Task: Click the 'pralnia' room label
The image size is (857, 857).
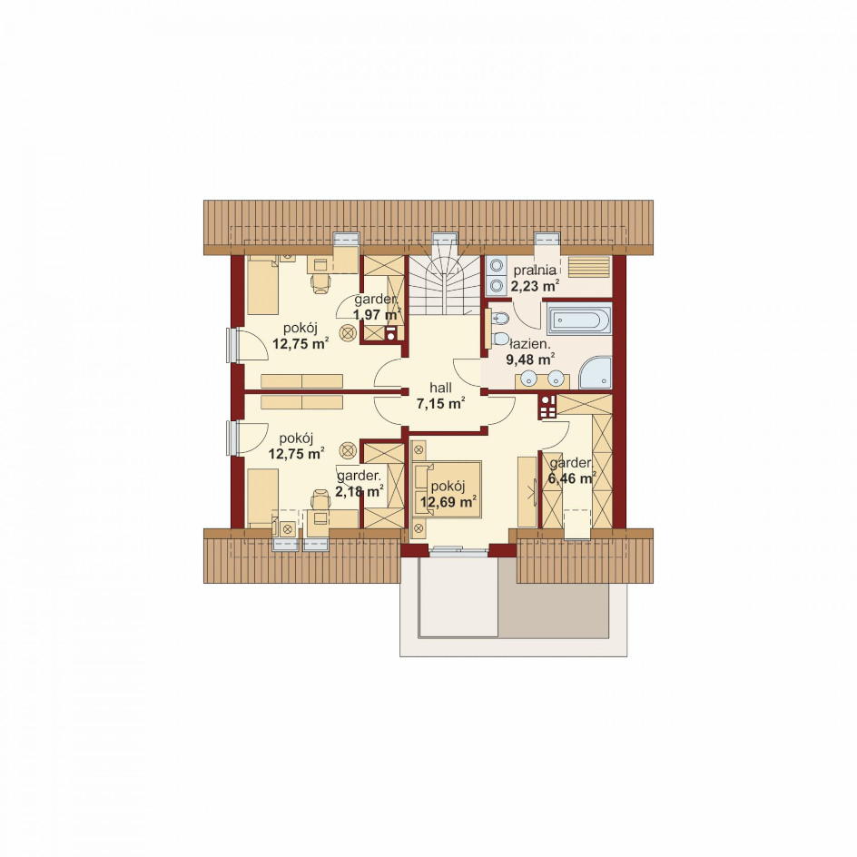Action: (535, 270)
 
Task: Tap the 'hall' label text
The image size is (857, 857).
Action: (440, 388)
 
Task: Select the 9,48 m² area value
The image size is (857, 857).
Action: (530, 360)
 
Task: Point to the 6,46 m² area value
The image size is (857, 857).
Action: (571, 478)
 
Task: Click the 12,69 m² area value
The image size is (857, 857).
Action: (448, 501)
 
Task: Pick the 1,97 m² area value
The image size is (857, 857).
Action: (377, 315)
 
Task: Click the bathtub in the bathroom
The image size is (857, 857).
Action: (579, 320)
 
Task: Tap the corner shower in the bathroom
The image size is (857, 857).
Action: (595, 373)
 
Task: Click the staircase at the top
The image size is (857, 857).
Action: (444, 285)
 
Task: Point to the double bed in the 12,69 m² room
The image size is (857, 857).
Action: (447, 489)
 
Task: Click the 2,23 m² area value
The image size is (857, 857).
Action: (535, 286)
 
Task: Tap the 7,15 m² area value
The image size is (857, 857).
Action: (440, 404)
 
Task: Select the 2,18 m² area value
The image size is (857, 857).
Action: (360, 491)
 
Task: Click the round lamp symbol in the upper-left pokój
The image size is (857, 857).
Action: (349, 332)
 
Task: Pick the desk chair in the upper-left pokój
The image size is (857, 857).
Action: (320, 283)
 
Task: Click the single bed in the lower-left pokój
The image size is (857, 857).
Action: (263, 497)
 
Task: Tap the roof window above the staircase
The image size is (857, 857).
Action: (444, 239)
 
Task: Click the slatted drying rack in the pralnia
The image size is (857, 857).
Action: (589, 267)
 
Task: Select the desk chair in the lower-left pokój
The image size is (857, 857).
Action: (320, 500)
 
